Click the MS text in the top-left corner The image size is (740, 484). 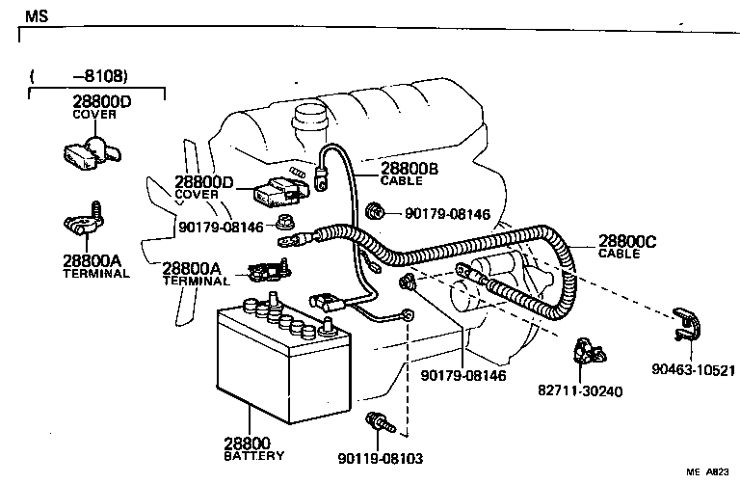tap(36, 16)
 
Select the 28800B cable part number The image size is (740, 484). tap(410, 169)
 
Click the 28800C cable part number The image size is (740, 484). tap(627, 242)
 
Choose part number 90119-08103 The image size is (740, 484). tap(381, 459)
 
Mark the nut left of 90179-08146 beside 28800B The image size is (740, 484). tap(376, 211)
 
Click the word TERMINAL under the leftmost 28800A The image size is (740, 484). tap(95, 274)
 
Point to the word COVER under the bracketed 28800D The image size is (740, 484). tap(94, 114)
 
